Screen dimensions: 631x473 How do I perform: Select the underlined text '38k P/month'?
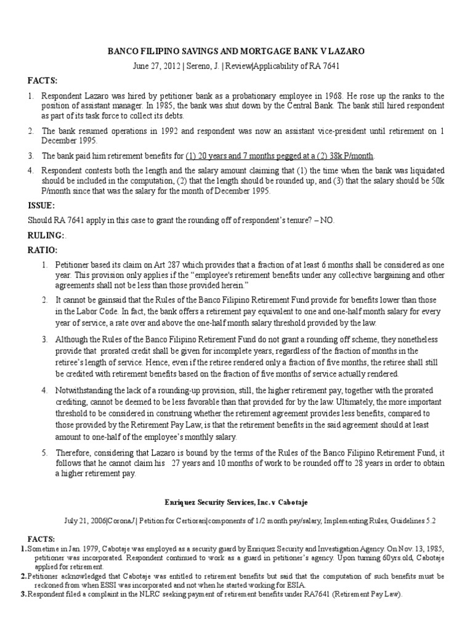[x=347, y=155]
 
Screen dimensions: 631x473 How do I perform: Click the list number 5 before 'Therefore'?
[x=44, y=453]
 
